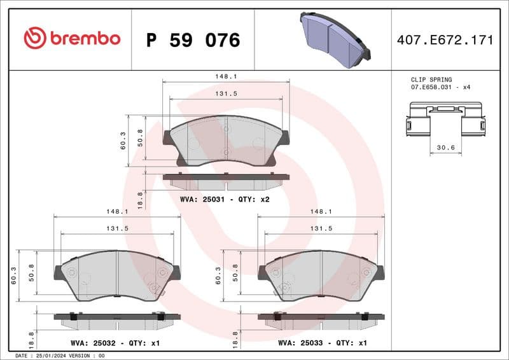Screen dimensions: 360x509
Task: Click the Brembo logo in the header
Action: [71, 38]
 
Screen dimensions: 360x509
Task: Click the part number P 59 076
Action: [193, 40]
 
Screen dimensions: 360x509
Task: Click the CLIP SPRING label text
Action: [431, 80]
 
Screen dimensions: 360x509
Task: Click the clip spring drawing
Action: [444, 120]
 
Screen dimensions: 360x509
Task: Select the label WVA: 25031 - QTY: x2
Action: [225, 199]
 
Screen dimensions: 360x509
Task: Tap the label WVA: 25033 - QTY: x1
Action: [323, 343]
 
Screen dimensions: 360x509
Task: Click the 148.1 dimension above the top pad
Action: [226, 77]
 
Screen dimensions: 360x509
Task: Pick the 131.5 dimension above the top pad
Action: [226, 93]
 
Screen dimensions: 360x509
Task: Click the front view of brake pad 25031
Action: [227, 141]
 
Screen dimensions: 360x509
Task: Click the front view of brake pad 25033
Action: [321, 275]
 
